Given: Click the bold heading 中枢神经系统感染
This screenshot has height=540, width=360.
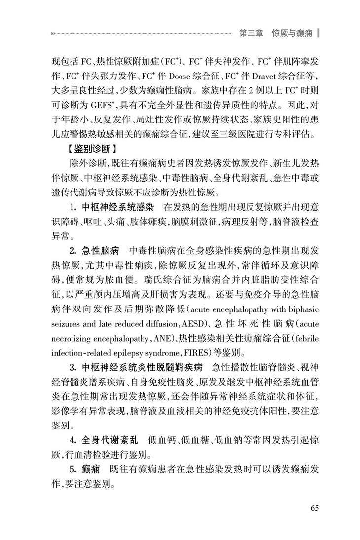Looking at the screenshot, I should click(116, 206).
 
